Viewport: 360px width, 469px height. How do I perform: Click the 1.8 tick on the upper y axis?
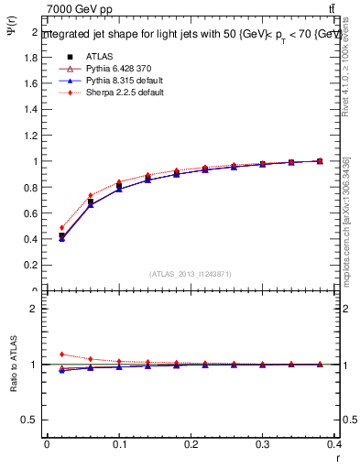(31, 57)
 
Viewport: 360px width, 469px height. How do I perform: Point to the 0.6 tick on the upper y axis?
(31, 213)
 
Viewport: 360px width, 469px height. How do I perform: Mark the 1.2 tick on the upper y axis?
(31, 136)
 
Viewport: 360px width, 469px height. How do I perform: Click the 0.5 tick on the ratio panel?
(31, 420)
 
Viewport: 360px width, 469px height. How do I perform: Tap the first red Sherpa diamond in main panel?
(61, 228)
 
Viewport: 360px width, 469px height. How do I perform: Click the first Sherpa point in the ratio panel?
(61, 354)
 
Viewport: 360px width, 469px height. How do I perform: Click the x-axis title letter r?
(338, 457)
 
